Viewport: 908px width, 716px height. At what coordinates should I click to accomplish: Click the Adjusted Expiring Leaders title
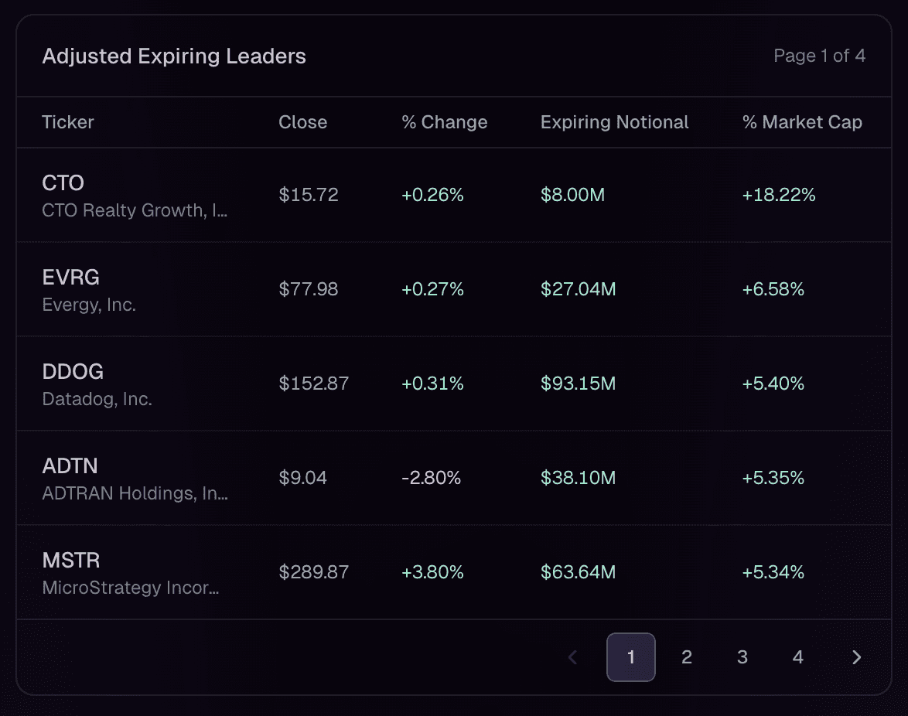click(x=174, y=56)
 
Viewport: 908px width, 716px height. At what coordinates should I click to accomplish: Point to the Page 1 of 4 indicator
click(x=819, y=56)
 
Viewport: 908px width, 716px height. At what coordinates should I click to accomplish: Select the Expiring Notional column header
click(x=614, y=122)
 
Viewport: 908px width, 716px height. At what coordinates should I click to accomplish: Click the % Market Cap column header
click(x=802, y=122)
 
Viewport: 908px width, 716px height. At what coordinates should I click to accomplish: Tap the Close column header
click(x=302, y=122)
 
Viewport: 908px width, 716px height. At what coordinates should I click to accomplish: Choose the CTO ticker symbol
click(x=63, y=182)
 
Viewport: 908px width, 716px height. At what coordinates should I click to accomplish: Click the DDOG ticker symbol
click(x=73, y=371)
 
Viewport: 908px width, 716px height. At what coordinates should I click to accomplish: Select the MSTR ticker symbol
click(x=71, y=560)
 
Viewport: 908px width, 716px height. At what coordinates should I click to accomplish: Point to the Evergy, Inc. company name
click(x=89, y=305)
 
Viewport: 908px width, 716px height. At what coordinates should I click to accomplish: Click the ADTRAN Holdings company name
click(x=135, y=494)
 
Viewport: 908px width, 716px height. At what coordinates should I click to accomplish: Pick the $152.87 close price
click(x=314, y=384)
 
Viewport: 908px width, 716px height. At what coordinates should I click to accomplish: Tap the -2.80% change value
click(x=431, y=478)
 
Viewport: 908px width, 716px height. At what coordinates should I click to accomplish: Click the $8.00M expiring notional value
click(x=572, y=195)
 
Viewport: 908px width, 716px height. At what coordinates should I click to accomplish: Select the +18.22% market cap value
click(x=779, y=195)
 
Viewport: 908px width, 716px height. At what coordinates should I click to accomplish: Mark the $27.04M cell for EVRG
click(x=578, y=289)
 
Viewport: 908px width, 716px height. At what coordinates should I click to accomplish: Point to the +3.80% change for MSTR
click(x=432, y=572)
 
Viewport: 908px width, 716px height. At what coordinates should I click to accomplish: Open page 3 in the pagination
click(x=742, y=657)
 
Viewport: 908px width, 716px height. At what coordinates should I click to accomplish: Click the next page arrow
click(x=856, y=657)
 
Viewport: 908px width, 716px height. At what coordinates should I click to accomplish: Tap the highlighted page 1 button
click(x=631, y=657)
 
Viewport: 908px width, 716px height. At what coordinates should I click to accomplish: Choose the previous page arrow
click(x=573, y=657)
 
